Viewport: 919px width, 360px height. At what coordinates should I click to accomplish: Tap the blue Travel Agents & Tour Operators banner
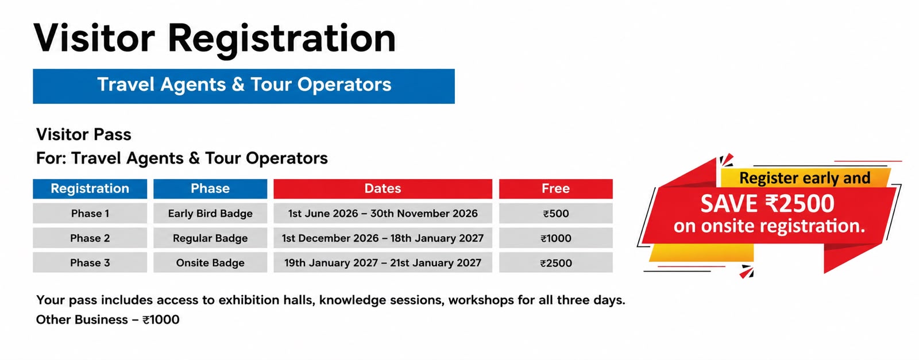(244, 86)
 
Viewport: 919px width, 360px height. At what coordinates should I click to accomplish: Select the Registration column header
(90, 188)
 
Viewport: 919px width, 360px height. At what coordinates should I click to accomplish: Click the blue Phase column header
(210, 188)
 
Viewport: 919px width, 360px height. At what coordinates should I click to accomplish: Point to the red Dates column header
(383, 188)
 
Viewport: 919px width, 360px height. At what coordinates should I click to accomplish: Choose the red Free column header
(556, 188)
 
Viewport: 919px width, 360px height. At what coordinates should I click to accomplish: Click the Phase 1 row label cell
(90, 213)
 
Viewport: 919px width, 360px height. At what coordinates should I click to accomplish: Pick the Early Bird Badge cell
(210, 213)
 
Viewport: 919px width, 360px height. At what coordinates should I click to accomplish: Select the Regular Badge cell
(210, 238)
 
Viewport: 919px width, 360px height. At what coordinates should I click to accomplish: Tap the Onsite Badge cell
(210, 262)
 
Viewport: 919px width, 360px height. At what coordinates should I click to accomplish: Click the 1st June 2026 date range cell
(383, 213)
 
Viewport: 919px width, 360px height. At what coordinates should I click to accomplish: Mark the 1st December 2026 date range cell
(383, 238)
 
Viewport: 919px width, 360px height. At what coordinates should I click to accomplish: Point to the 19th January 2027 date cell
(383, 262)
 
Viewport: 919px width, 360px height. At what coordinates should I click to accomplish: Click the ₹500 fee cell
(556, 213)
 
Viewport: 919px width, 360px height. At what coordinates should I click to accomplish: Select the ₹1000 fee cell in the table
(556, 238)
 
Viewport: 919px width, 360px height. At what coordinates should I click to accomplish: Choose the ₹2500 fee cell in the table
(556, 262)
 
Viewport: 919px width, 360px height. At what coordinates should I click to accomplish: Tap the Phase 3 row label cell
(90, 262)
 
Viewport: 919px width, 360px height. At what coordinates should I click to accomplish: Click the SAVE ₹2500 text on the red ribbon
(767, 204)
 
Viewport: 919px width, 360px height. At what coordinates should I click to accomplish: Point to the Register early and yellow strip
(805, 178)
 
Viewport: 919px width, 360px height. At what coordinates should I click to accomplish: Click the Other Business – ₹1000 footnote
(108, 319)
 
